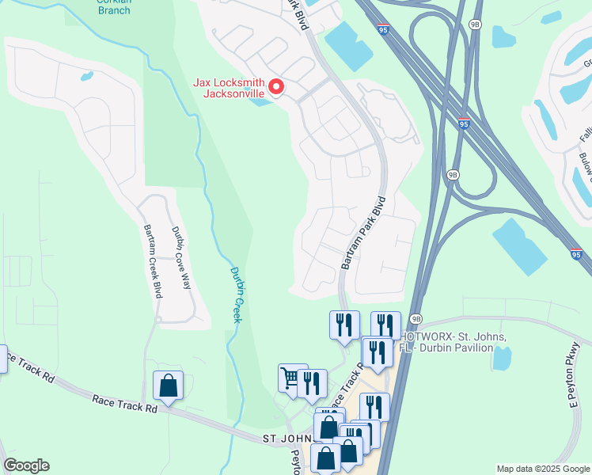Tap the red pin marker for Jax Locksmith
click(276, 87)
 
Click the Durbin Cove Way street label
click(182, 258)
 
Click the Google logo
click(25, 465)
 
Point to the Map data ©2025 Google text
click(543, 469)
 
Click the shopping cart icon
click(291, 378)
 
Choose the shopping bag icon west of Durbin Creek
click(169, 386)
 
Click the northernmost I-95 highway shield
click(384, 29)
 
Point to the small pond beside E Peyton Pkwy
click(501, 358)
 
